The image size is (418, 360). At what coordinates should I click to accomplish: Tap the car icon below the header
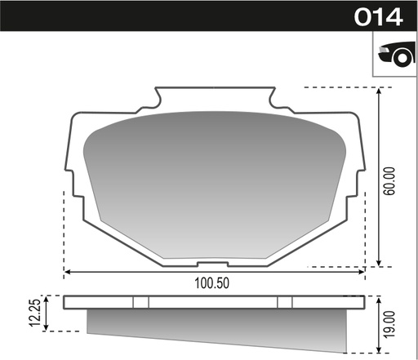click(x=394, y=56)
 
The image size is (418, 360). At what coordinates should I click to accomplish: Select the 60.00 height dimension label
click(x=389, y=180)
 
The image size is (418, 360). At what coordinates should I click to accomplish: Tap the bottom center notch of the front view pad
click(x=213, y=263)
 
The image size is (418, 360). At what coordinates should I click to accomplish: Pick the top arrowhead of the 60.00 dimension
click(x=379, y=91)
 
